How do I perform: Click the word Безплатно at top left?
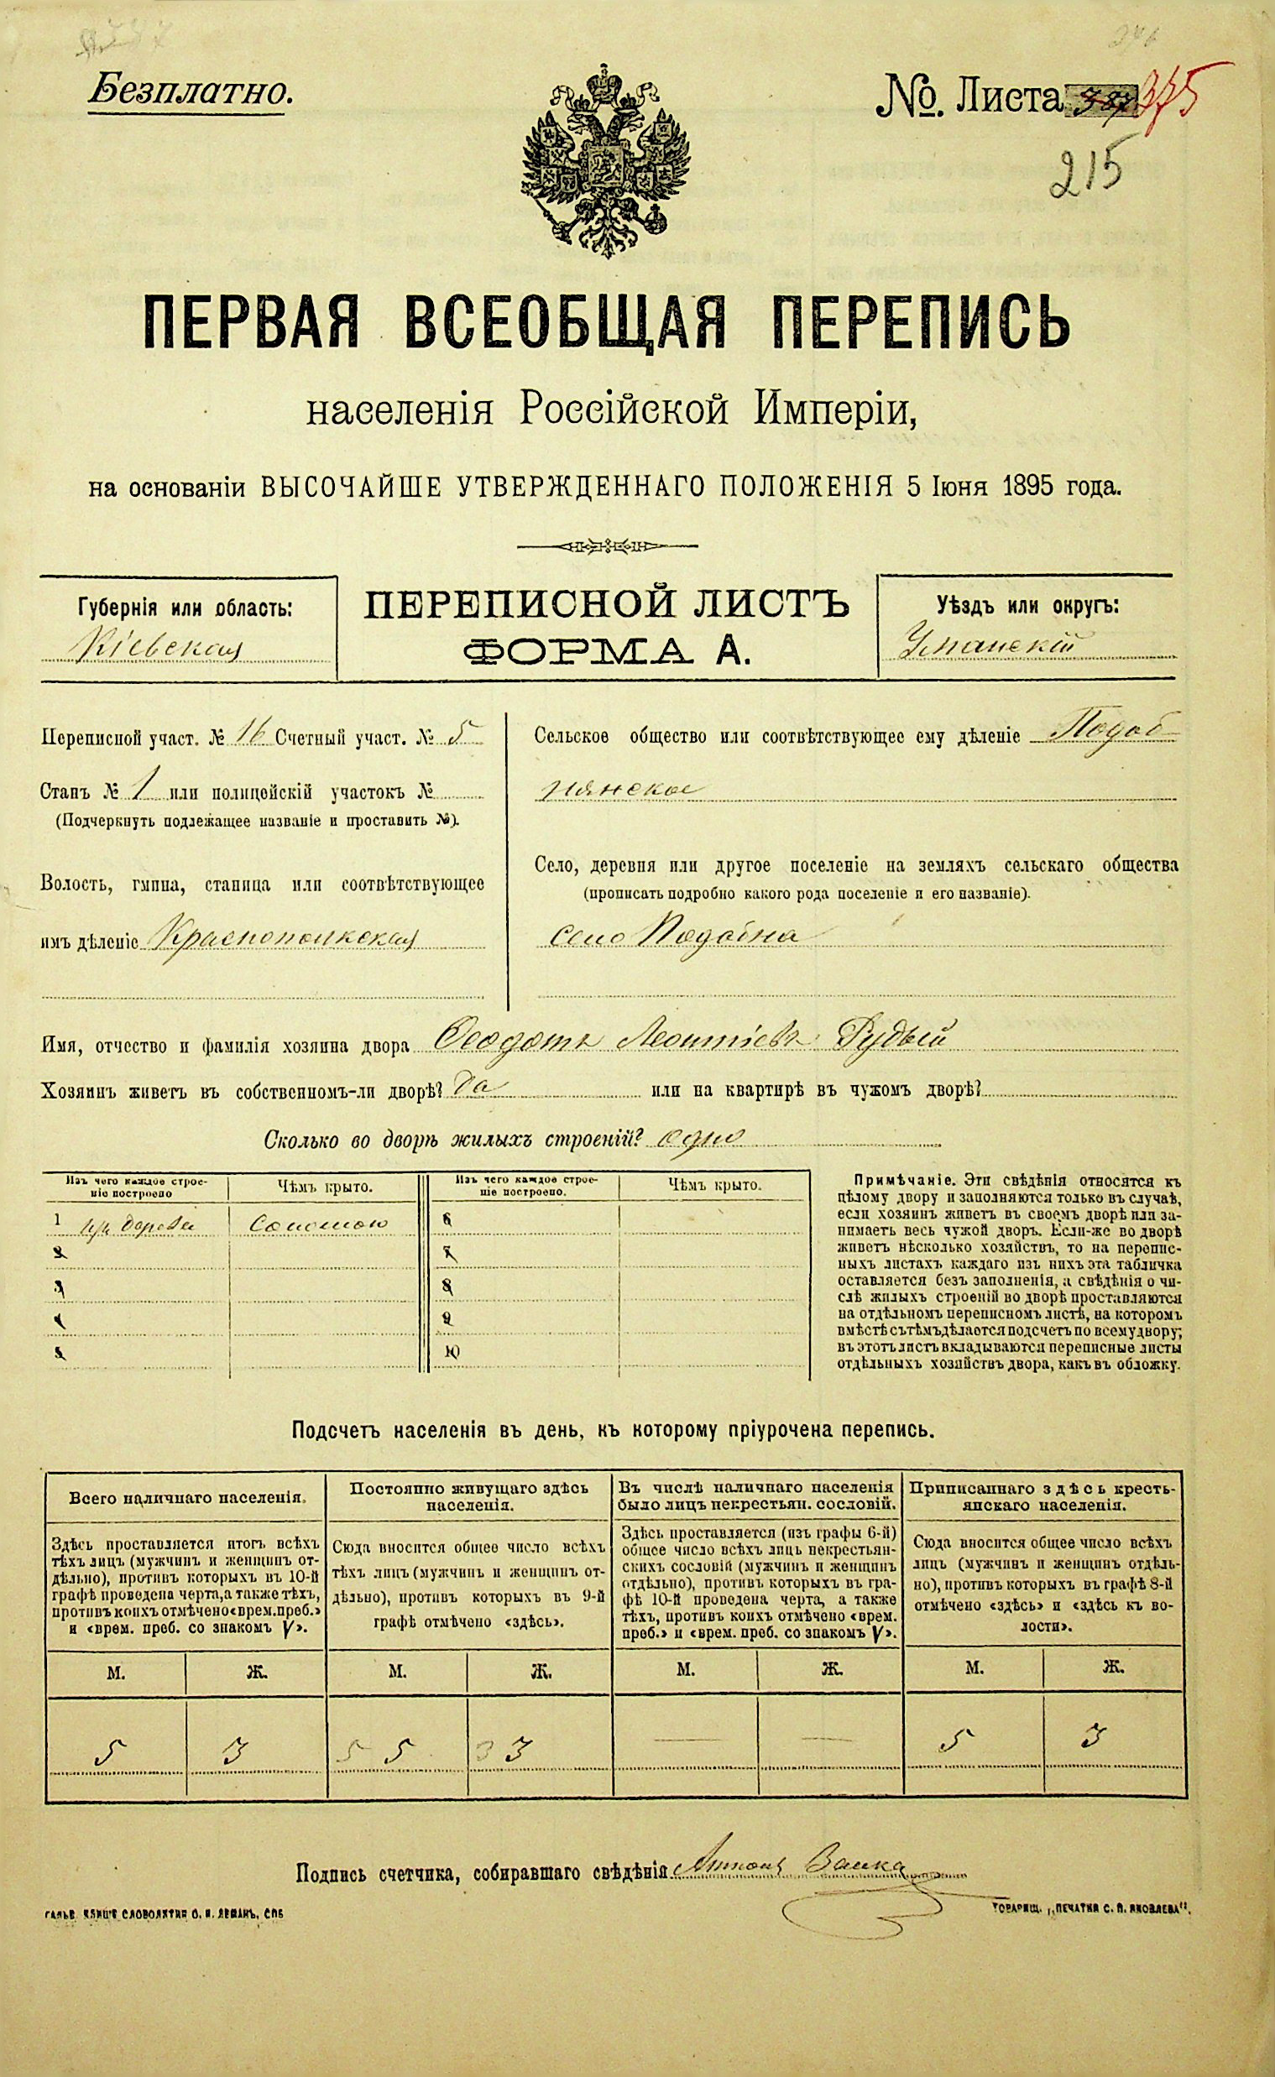[191, 91]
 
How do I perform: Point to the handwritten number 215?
[1091, 174]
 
